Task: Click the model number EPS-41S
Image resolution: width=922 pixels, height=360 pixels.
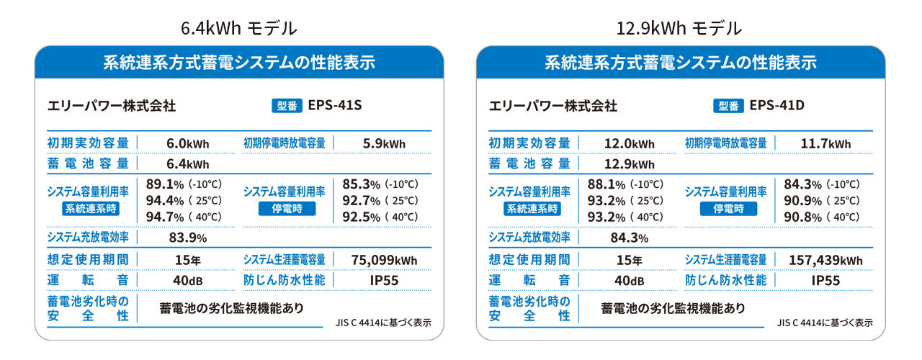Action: point(334,105)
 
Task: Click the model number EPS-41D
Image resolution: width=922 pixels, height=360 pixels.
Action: point(776,105)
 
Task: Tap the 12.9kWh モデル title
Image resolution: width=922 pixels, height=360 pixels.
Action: point(679,28)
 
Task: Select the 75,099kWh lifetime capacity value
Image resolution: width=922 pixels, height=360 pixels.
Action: point(384,260)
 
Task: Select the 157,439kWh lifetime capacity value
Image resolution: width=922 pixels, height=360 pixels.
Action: point(825,260)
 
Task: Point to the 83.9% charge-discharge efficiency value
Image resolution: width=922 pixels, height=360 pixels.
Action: point(187,238)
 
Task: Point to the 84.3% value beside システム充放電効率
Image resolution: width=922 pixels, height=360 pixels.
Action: point(629,238)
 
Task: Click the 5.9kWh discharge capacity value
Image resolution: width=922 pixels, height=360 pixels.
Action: point(384,143)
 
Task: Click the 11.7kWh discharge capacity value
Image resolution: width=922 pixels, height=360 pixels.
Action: point(825,143)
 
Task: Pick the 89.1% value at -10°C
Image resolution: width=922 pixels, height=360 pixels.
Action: point(162,184)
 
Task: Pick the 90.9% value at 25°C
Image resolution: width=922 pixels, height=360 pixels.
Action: point(800,200)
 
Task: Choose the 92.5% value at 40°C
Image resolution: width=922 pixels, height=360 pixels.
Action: point(359,216)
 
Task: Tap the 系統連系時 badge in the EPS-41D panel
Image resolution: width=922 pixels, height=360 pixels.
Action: point(532,209)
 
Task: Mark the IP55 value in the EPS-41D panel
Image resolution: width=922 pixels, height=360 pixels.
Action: point(825,280)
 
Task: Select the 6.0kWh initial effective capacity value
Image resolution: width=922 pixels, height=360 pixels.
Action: point(187,143)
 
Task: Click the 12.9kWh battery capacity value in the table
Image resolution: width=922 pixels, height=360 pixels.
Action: point(629,164)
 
